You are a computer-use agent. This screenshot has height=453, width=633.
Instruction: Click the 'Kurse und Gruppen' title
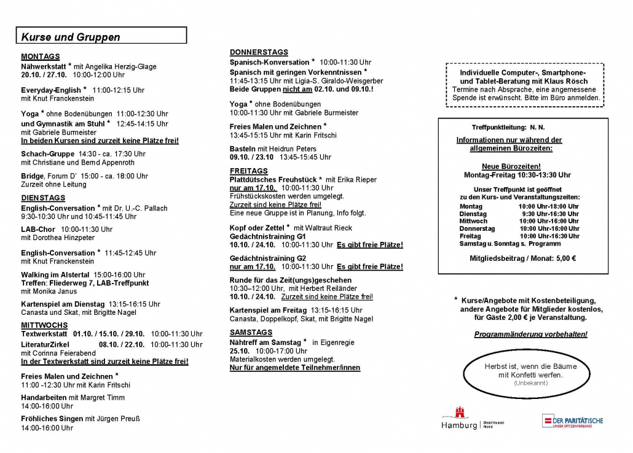[x=71, y=37]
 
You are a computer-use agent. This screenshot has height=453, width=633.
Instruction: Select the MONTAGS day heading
[x=41, y=56]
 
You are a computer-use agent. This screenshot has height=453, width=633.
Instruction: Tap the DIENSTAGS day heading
[x=43, y=198]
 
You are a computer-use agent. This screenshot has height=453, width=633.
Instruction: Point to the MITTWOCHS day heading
[x=44, y=325]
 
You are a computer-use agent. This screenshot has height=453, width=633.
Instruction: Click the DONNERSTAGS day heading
[x=259, y=52]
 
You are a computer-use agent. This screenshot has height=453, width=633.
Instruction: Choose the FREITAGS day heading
[x=249, y=171]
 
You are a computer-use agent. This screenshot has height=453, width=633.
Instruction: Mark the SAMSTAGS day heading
[x=251, y=332]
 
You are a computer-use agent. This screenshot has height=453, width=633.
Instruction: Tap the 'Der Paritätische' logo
[x=572, y=421]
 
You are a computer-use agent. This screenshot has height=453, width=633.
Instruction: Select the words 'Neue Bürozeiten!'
[x=511, y=166]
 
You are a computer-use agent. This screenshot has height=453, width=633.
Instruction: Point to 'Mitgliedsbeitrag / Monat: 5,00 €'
[x=522, y=258]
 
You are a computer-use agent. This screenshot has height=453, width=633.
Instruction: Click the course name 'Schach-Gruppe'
[x=47, y=154]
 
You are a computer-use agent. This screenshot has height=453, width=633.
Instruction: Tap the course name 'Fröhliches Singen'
[x=52, y=419]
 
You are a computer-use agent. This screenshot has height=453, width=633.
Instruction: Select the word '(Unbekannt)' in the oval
[x=530, y=383]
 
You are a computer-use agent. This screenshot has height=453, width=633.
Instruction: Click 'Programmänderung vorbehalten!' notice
[x=530, y=335]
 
